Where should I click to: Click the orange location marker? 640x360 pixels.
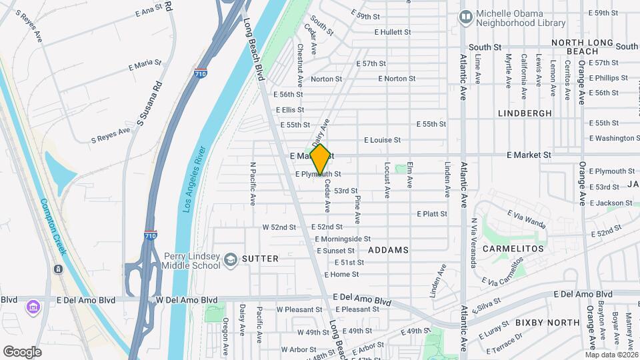[320, 160]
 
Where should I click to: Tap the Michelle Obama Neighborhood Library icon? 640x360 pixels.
[466, 15]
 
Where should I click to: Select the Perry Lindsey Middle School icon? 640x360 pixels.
[230, 259]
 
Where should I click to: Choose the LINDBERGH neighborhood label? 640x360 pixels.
[525, 113]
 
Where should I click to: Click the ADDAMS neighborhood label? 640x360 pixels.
[387, 250]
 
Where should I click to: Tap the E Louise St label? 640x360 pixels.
[382, 140]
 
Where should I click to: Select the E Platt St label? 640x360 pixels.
[431, 214]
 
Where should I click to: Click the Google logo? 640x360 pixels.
[22, 351]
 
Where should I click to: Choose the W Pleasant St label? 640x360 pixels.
[300, 309]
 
